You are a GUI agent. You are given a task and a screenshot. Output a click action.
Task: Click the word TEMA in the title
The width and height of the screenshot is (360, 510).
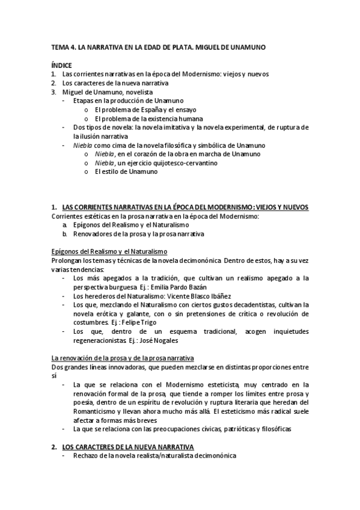pyautogui.click(x=59, y=46)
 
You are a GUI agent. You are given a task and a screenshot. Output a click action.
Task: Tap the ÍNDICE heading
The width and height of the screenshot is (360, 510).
pyautogui.click(x=61, y=65)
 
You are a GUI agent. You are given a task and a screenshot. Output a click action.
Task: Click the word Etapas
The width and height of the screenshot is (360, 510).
pyautogui.click(x=83, y=100)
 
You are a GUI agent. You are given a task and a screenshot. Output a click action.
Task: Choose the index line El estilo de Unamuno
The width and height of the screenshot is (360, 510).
pyautogui.click(x=126, y=172)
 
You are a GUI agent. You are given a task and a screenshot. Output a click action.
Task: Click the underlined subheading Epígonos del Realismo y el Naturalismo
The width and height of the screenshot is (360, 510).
pyautogui.click(x=110, y=251)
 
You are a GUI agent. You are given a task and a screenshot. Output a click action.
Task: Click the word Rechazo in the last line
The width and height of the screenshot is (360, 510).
pyautogui.click(x=86, y=456)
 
